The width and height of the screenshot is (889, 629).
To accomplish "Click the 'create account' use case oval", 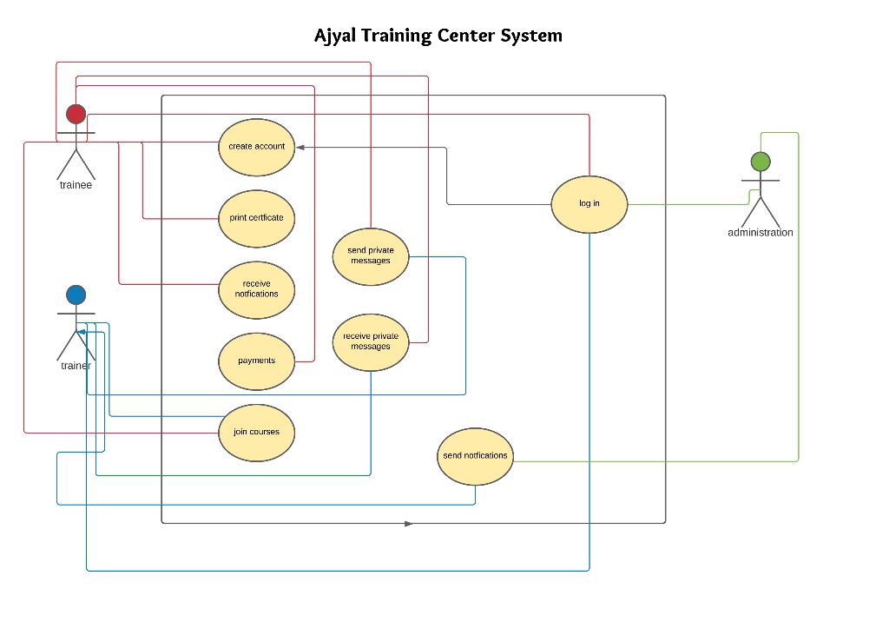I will [257, 147].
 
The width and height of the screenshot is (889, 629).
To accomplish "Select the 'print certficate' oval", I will [257, 218].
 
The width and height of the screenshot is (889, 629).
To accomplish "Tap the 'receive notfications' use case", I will [257, 289].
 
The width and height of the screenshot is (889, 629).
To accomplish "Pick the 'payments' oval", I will [257, 361].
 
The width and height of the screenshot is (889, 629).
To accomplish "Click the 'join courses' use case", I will [257, 432].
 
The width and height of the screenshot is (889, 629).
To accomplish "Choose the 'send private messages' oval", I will [371, 255].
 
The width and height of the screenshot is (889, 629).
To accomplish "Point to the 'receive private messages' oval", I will [371, 341].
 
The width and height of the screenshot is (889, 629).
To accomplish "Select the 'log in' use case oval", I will [589, 204].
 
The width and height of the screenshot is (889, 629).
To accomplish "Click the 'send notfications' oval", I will [475, 456].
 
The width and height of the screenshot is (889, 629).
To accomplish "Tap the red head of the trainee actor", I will [76, 114].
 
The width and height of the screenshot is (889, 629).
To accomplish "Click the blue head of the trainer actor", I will [76, 295].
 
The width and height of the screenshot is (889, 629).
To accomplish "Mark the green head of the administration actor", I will [761, 162].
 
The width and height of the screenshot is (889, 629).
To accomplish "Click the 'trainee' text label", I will [76, 185].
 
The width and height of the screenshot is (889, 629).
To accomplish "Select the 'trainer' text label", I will [76, 366].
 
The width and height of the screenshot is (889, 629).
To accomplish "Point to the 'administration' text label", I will [761, 233].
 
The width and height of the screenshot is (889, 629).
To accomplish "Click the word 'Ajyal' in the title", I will [335, 36].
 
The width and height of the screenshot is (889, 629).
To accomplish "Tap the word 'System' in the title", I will [531, 36].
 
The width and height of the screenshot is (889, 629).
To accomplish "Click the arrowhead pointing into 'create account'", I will [300, 148].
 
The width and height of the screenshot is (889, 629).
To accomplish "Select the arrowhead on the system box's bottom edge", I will [409, 524].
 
